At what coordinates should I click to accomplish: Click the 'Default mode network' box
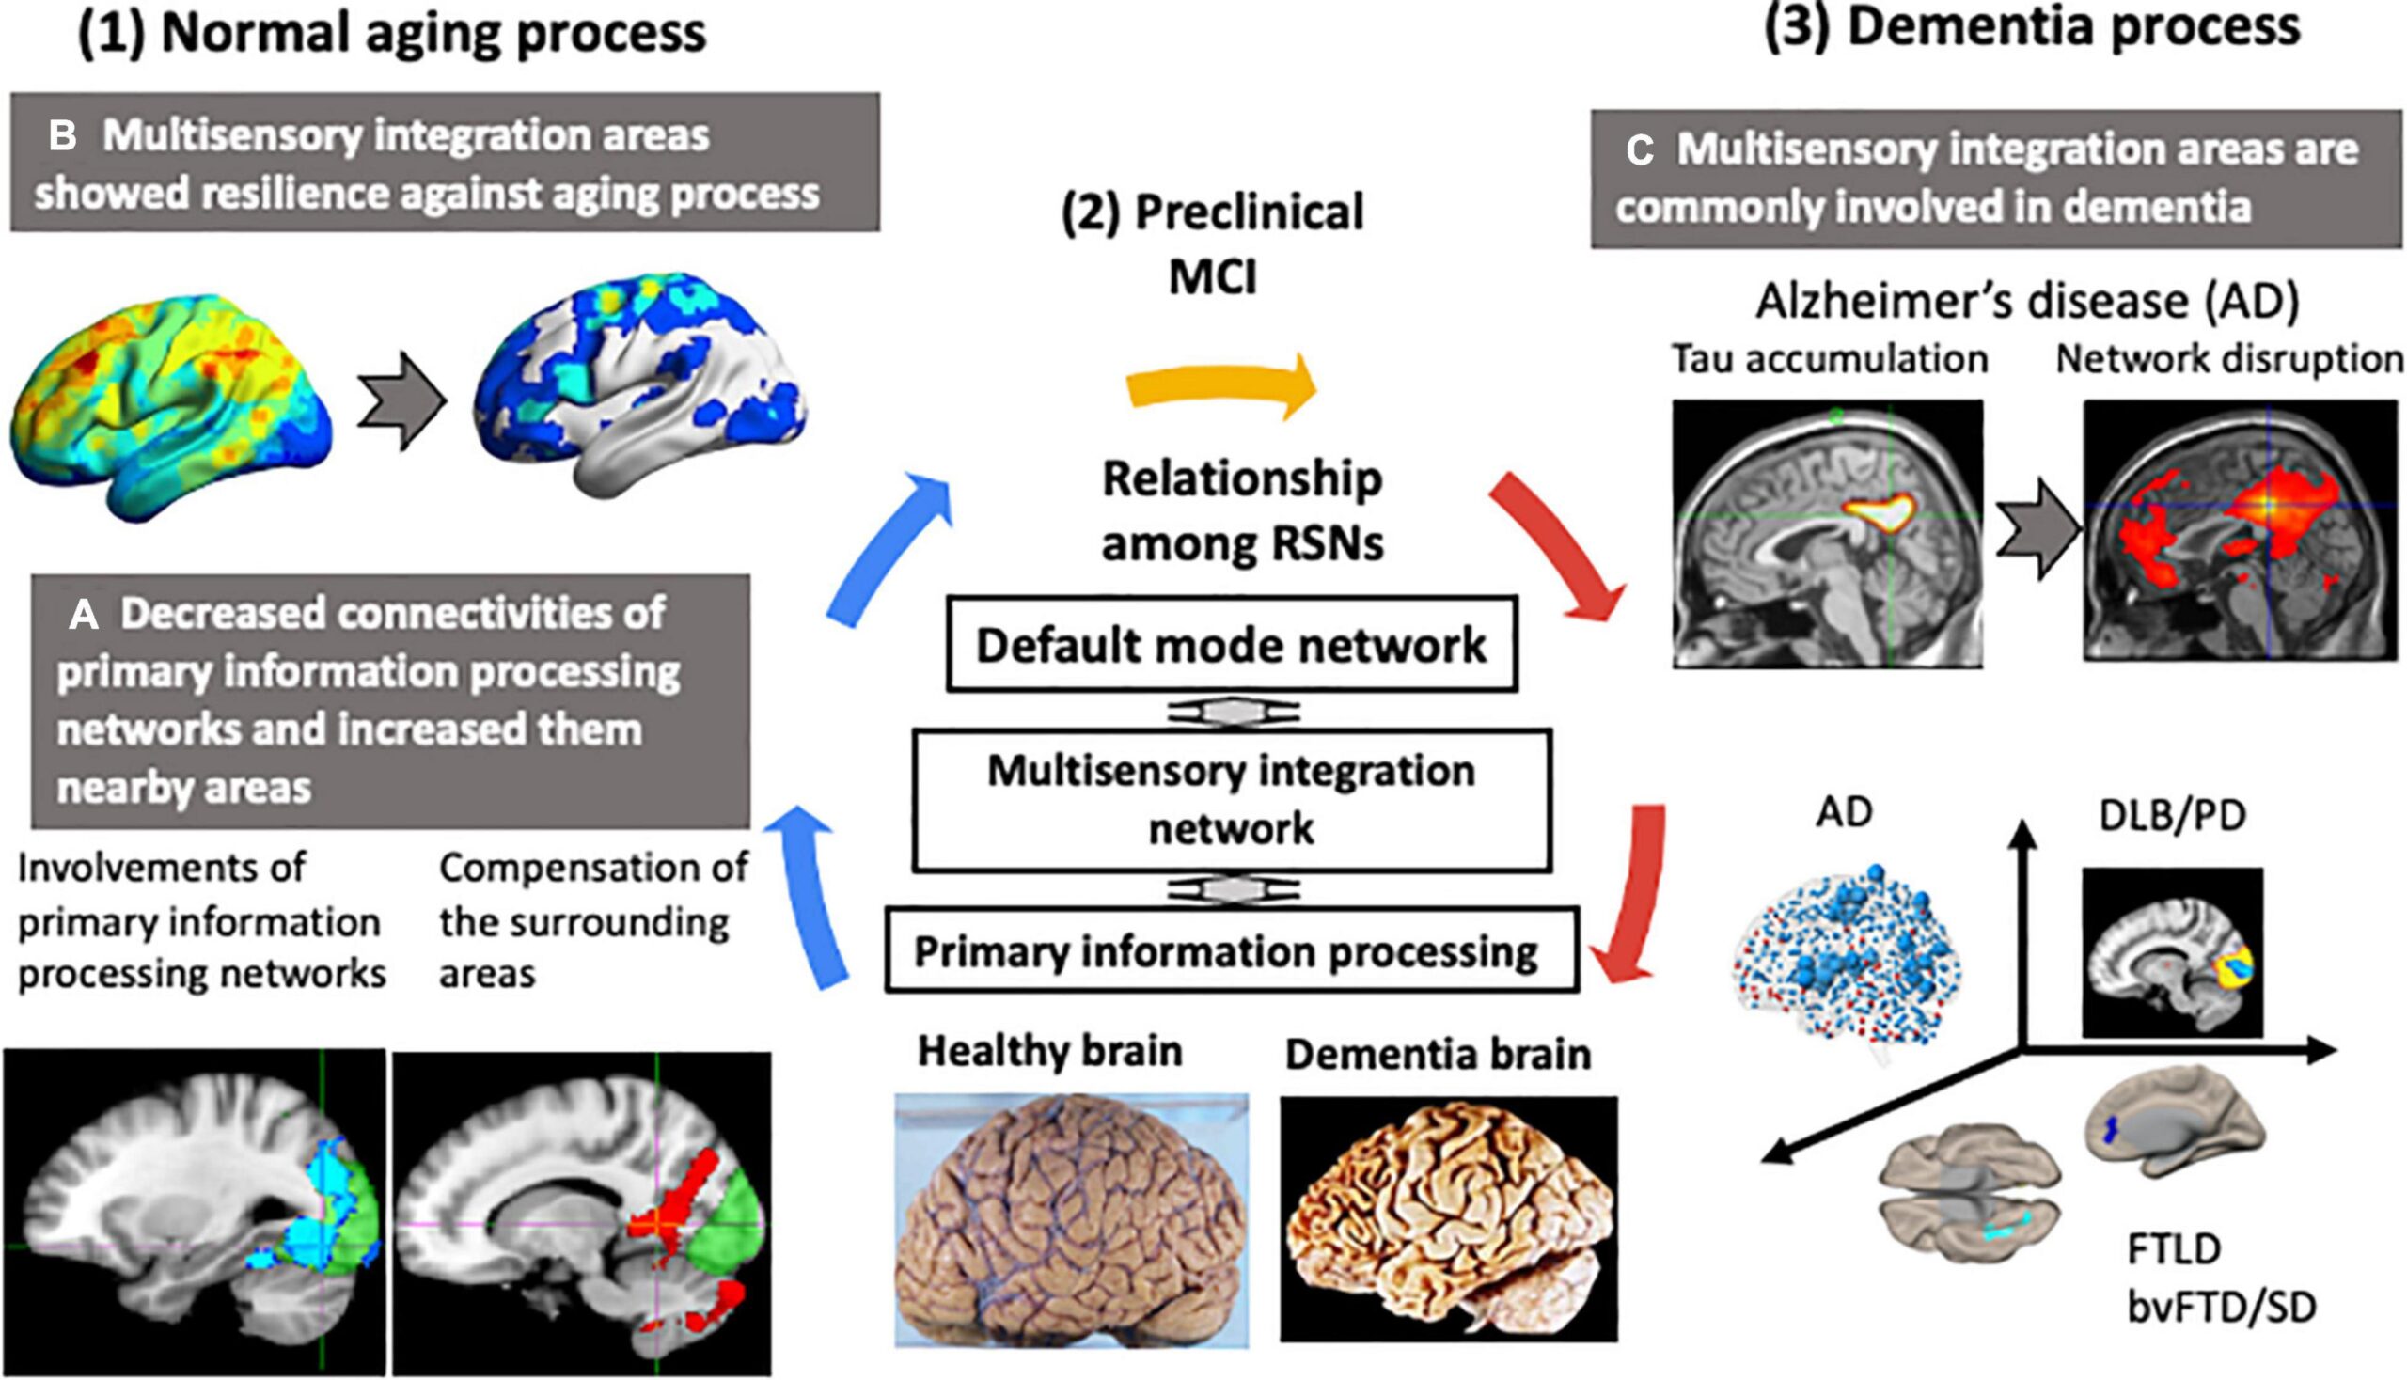[1231, 644]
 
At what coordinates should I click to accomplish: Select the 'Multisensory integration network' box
[1231, 799]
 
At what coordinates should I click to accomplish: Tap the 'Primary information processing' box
[1231, 950]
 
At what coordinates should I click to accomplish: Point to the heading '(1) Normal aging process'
[391, 32]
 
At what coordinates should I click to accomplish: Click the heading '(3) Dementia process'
[2032, 26]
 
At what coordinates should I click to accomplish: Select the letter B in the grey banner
[63, 136]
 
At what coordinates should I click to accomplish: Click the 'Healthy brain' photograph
[1071, 1221]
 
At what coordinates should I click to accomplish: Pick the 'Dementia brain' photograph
[1448, 1219]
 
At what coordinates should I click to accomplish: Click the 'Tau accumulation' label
[1829, 359]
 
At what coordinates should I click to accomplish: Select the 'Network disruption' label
[2228, 359]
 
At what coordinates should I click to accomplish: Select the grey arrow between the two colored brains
[402, 400]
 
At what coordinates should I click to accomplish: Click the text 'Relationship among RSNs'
[1241, 510]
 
